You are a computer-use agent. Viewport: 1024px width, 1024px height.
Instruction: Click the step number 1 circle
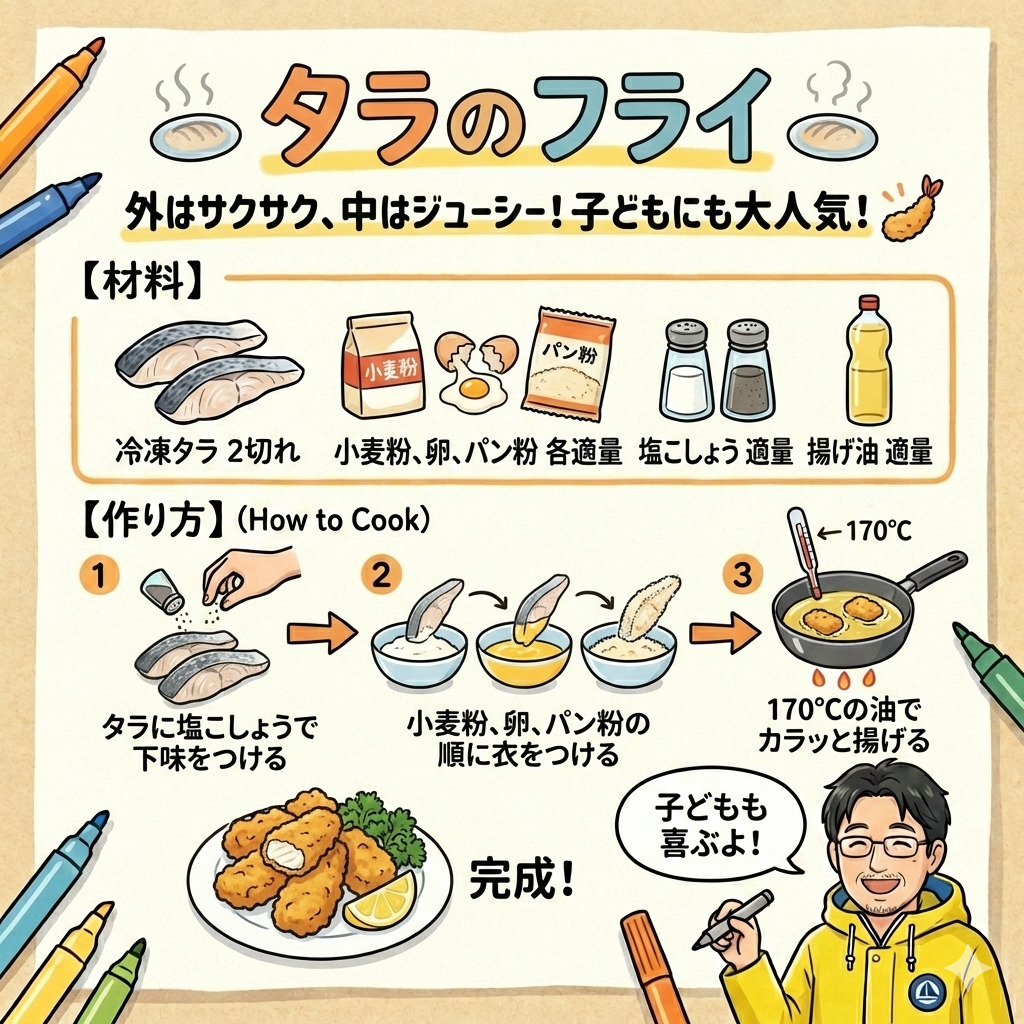pyautogui.click(x=99, y=576)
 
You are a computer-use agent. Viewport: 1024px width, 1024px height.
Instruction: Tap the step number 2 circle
pyautogui.click(x=381, y=574)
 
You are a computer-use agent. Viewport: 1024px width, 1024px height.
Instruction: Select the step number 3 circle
pyautogui.click(x=743, y=575)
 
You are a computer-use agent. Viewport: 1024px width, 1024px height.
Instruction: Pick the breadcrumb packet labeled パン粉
pyautogui.click(x=568, y=364)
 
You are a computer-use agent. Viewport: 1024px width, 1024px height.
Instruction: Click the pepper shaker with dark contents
pyautogui.click(x=748, y=370)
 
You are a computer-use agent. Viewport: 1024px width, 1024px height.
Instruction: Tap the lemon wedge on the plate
pyautogui.click(x=380, y=901)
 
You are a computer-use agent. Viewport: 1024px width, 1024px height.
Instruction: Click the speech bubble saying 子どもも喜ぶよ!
pyautogui.click(x=711, y=822)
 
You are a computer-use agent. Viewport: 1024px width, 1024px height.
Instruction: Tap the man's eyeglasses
pyautogui.click(x=883, y=846)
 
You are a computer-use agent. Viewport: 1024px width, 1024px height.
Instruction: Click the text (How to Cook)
pyautogui.click(x=332, y=521)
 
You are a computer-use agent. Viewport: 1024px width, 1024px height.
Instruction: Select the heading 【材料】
pyautogui.click(x=141, y=283)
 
